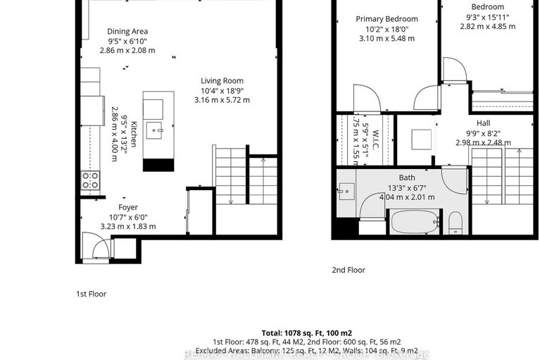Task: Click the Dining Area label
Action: (x=127, y=31)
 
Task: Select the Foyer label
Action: (x=128, y=207)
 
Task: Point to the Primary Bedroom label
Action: (x=387, y=19)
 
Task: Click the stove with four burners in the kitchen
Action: (x=90, y=180)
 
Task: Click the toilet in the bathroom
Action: (x=455, y=222)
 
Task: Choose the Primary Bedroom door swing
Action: (x=368, y=98)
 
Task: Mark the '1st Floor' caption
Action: (x=91, y=294)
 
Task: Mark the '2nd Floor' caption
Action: (x=349, y=270)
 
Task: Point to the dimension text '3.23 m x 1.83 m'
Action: (x=128, y=227)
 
